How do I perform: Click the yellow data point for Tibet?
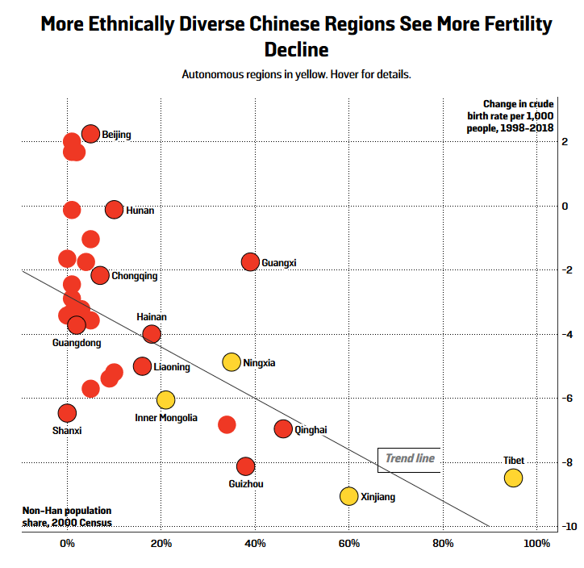(513, 478)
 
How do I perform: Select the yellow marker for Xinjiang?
(348, 496)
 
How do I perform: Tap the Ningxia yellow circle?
(232, 362)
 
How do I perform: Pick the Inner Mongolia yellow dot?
(165, 399)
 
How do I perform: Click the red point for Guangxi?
(250, 261)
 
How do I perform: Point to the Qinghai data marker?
(283, 428)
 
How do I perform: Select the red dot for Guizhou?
(245, 466)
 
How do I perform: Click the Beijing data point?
(90, 134)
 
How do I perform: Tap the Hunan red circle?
(114, 210)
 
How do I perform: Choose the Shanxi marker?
(67, 413)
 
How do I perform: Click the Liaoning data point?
(142, 366)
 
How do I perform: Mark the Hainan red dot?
(152, 334)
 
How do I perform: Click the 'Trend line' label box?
(409, 459)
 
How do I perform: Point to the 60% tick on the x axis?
(348, 543)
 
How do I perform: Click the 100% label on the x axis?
(536, 543)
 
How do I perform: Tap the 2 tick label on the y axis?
(565, 141)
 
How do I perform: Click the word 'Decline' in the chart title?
(296, 50)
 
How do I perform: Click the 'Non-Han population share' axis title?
(66, 516)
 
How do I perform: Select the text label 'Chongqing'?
(134, 276)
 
